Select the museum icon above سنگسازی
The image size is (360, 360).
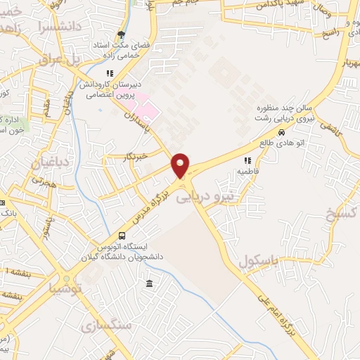148,283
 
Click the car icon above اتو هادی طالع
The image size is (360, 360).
281,133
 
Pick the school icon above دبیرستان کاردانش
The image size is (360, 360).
109,73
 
